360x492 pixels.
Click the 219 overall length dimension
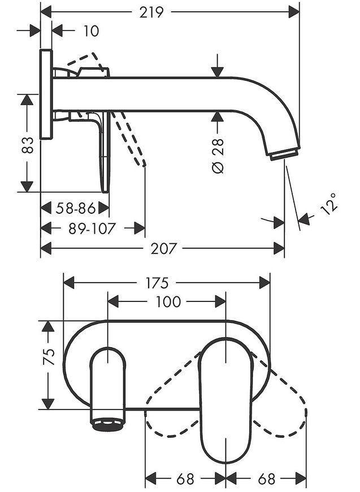coord(151,12)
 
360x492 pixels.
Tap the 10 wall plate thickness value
coord(91,31)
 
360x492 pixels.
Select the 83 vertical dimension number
coord(28,145)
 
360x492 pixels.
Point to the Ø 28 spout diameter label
coord(218,156)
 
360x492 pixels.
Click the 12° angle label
coord(329,204)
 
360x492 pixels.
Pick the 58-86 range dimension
coord(75,208)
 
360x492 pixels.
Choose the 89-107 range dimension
coord(92,228)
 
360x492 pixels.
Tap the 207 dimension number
coord(164,248)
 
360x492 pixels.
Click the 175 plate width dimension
coord(157,283)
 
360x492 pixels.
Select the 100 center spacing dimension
coord(168,301)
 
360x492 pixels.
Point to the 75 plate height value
coord(49,357)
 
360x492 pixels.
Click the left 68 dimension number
coord(185,479)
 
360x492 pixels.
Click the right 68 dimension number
coord(267,479)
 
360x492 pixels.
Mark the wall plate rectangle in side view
coord(46,94)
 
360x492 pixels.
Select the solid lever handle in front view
coord(225,401)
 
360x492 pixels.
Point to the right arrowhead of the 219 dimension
coord(294,12)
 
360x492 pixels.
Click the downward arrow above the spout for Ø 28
coord(217,66)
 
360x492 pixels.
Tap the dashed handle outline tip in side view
coord(144,164)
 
